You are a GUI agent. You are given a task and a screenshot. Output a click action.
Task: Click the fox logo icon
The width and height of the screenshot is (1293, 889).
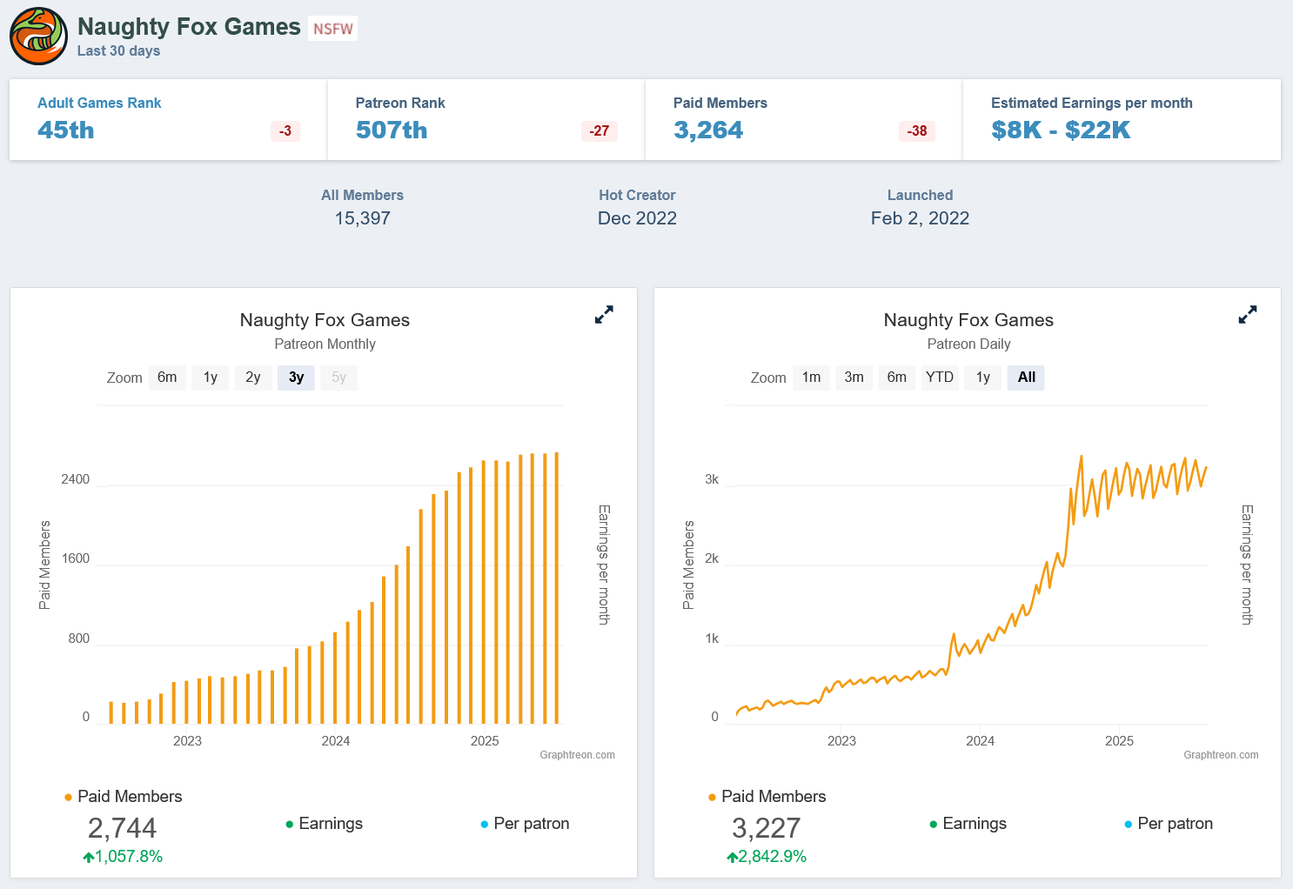[38, 37]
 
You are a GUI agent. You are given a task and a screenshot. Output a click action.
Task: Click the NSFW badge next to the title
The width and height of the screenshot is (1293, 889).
[333, 29]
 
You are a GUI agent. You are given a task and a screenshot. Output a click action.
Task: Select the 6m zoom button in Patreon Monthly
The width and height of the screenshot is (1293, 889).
[167, 378]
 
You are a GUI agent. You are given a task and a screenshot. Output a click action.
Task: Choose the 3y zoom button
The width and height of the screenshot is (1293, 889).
[296, 378]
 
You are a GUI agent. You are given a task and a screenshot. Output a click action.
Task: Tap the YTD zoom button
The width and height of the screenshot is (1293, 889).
[940, 378]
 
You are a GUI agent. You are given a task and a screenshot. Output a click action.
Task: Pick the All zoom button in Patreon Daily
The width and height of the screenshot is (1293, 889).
[1026, 378]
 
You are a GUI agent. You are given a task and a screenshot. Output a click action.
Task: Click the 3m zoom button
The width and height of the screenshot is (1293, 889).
[854, 378]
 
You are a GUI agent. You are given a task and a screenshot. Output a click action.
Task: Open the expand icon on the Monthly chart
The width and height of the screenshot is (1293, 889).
[604, 315]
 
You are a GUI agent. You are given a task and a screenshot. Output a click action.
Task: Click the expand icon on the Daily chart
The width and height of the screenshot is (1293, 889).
[1248, 315]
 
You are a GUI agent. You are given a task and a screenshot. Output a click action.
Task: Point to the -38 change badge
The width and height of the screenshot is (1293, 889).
[917, 131]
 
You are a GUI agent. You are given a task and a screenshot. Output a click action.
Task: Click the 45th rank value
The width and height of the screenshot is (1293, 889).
[66, 130]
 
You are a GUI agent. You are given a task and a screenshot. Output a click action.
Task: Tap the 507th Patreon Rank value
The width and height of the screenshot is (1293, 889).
[392, 130]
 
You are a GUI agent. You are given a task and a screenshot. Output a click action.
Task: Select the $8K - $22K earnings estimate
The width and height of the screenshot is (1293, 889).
[1061, 130]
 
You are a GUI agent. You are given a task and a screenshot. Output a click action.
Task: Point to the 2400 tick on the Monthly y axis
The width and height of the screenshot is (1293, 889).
[76, 479]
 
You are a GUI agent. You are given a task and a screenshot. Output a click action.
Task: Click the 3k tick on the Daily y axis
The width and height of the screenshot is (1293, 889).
[712, 479]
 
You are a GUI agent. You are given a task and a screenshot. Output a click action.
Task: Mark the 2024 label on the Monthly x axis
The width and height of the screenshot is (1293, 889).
[336, 741]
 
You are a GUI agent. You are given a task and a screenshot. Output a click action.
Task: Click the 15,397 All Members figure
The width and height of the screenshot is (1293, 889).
[363, 218]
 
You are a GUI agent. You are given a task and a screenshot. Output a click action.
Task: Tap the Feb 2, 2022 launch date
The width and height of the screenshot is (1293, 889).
[920, 218]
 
